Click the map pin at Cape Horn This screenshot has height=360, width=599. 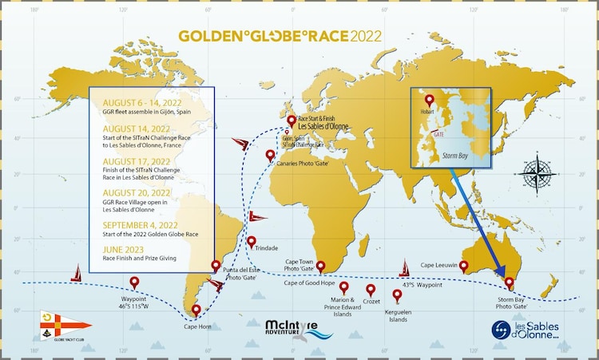pos(197,311)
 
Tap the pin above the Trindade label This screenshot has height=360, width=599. pos(252,242)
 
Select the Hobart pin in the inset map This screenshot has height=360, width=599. pos(430,101)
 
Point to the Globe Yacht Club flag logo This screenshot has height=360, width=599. pos(65,326)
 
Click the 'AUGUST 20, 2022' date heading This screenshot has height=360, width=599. pos(141,192)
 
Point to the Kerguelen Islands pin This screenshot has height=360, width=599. pos(397,295)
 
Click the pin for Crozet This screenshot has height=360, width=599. pos(371,290)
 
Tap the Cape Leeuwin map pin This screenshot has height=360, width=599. pos(463,266)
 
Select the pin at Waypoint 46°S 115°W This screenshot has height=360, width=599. pos(134,283)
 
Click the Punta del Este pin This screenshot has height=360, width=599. pos(215,267)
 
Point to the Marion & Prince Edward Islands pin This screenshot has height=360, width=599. pos(344,287)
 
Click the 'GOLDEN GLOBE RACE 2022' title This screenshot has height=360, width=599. pos(280,36)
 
